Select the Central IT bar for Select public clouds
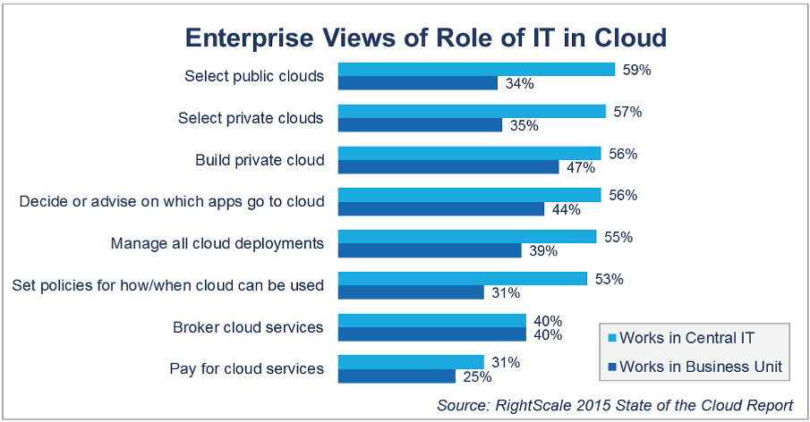tap(475, 69)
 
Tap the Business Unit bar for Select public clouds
tap(417, 83)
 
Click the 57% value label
tap(624, 112)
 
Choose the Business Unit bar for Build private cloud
tap(448, 167)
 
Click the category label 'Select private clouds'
tap(251, 118)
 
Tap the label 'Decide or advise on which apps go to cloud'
tap(172, 202)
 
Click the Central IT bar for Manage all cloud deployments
tap(466, 237)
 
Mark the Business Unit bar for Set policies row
tap(410, 292)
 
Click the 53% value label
tap(605, 279)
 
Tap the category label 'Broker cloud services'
tap(248, 327)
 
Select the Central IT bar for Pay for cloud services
tap(410, 362)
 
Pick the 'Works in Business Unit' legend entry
tap(692, 366)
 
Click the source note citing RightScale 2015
tap(614, 405)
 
